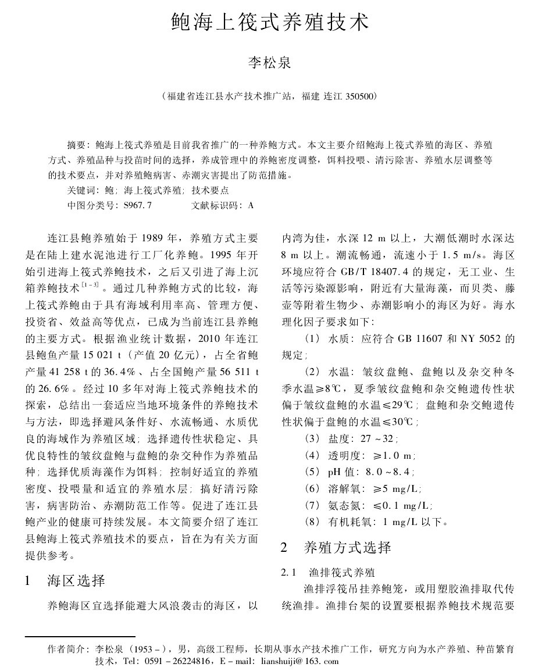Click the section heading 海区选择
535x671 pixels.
76,580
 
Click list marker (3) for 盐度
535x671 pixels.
312,440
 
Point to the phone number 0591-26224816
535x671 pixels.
174,661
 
